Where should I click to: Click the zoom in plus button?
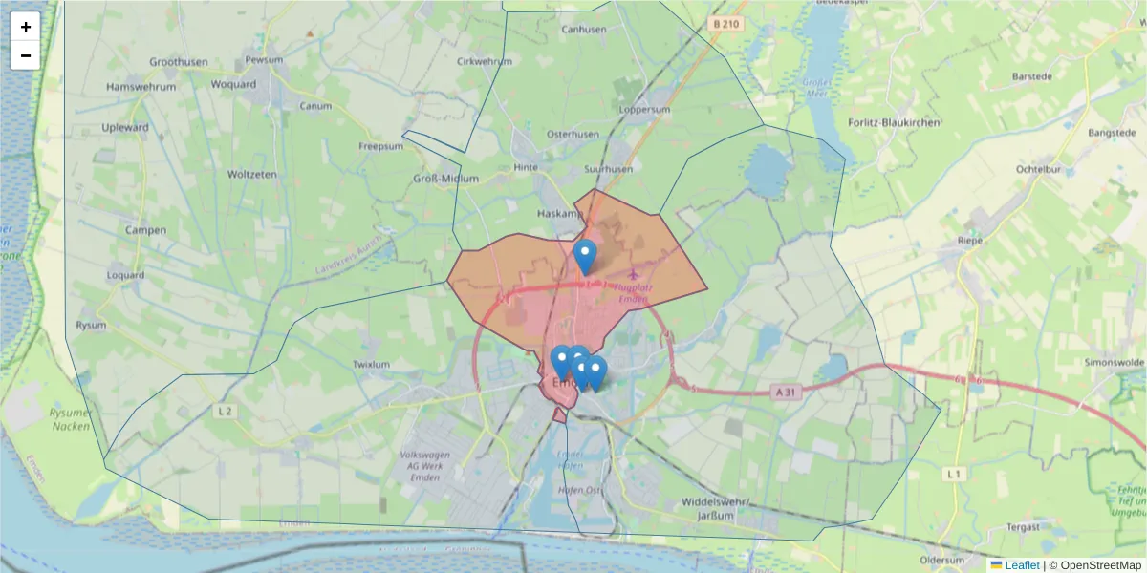[x=26, y=27]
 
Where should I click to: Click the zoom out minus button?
[x=26, y=55]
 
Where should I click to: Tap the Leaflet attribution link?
[x=1022, y=565]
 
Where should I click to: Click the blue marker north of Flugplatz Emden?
[x=586, y=256]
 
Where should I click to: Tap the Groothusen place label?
[x=179, y=62]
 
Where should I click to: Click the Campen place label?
[x=145, y=230]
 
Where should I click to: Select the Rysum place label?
[x=92, y=325]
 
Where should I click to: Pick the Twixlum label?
[x=372, y=364]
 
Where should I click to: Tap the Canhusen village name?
[x=584, y=30]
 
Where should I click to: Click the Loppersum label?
[x=644, y=110]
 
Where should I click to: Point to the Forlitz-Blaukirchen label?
[x=894, y=123]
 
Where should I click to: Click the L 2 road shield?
[x=226, y=411]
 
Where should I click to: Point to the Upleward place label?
[x=125, y=127]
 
